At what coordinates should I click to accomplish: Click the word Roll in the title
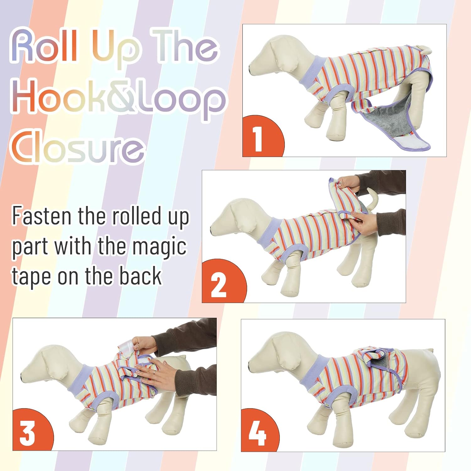44,46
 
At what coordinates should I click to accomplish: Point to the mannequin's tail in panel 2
372,198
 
